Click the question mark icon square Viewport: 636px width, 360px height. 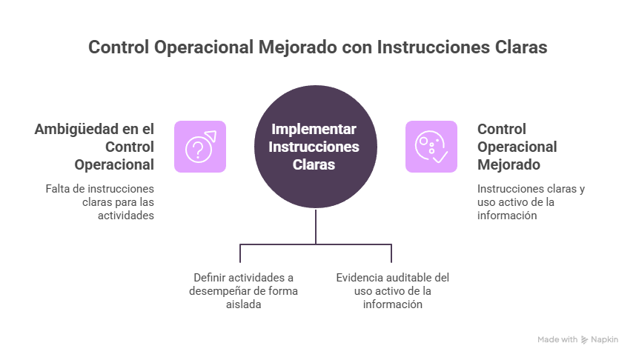click(200, 147)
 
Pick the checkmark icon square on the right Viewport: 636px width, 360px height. click(431, 147)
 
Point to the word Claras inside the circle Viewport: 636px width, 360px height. click(314, 164)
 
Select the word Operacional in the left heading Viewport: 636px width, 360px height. click(114, 164)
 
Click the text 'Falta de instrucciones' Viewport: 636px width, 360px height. click(100, 188)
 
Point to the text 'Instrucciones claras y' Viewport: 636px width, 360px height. click(531, 188)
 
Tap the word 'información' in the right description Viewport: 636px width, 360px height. click(506, 215)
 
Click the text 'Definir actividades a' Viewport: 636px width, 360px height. click(243, 278)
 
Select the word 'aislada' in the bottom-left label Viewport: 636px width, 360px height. click(243, 304)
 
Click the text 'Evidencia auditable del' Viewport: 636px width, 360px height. click(393, 278)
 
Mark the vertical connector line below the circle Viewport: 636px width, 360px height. click(317, 227)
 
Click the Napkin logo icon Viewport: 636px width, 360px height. click(585, 340)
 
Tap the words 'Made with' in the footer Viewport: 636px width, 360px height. click(557, 340)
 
